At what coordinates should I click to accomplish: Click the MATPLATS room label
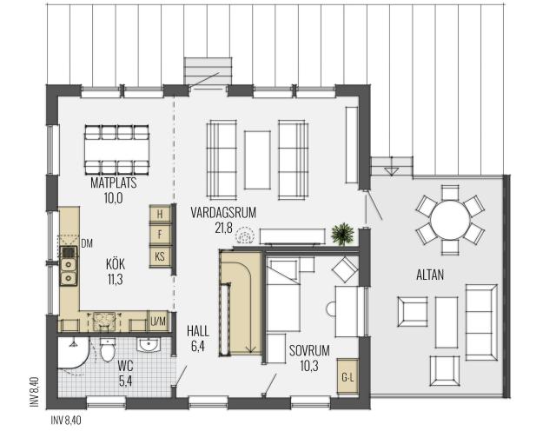pos(114,182)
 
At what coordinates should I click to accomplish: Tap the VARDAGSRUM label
pos(223,212)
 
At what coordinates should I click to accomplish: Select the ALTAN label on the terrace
pos(430,275)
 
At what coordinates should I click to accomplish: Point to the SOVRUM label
pos(309,350)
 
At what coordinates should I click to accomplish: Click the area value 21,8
pos(224,228)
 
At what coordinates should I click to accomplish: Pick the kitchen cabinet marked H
pos(160,214)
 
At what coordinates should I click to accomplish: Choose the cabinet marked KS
pos(160,256)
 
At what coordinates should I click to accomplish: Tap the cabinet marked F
pos(160,234)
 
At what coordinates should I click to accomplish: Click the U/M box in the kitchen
pos(158,322)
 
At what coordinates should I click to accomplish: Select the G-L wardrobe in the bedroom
pos(347,377)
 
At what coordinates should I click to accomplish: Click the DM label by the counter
pos(87,243)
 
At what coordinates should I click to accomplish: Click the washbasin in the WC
pos(149,344)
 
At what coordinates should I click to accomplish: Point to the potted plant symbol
pos(342,234)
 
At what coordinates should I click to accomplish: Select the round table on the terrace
pos(450,220)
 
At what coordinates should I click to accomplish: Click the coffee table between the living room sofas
pos(257,160)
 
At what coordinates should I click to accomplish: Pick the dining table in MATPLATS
pos(116,150)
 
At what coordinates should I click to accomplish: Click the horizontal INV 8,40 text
pos(66,421)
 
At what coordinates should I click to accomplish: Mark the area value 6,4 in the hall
pos(197,346)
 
